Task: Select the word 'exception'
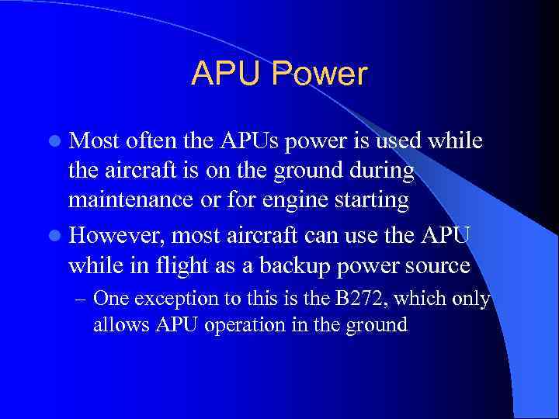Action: pyautogui.click(x=170, y=299)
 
